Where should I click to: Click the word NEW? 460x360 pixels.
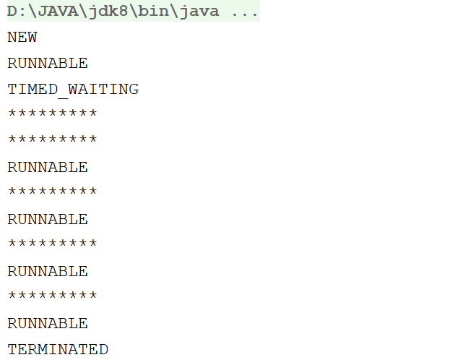tap(22, 38)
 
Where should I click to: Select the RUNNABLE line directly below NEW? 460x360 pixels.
tap(48, 64)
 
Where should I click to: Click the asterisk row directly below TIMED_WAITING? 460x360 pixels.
tap(52, 115)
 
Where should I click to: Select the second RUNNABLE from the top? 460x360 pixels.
tap(48, 168)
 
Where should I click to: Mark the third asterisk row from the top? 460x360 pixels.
tap(52, 193)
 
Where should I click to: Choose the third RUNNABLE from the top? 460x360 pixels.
tap(48, 220)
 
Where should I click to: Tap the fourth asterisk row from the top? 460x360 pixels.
tap(52, 245)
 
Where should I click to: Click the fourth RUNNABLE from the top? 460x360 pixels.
tap(48, 272)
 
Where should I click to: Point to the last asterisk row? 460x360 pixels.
tap(52, 297)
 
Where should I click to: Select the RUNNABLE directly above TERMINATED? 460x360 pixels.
tap(48, 324)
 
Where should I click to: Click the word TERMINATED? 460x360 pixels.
tap(58, 350)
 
